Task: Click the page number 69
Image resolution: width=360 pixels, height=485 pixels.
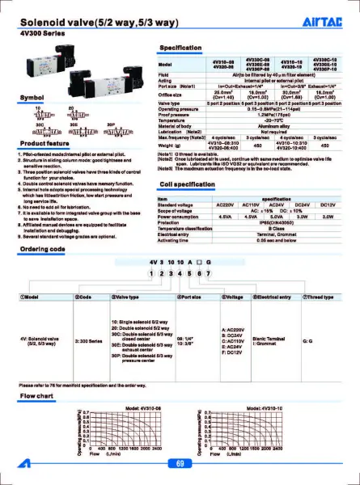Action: click(180, 463)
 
